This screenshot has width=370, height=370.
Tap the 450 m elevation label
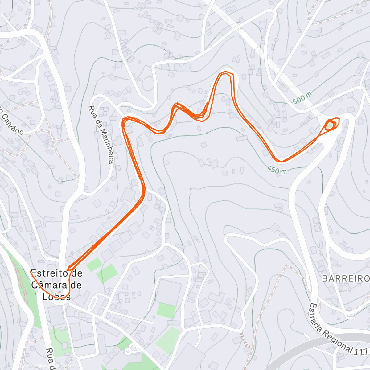(x=277, y=170)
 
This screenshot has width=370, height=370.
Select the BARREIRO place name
(x=345, y=279)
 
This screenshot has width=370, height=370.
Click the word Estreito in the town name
(x=49, y=273)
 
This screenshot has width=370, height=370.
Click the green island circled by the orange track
(x=330, y=125)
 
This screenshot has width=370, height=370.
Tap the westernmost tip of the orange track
(x=31, y=271)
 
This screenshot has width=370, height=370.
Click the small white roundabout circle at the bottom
(x=128, y=351)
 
